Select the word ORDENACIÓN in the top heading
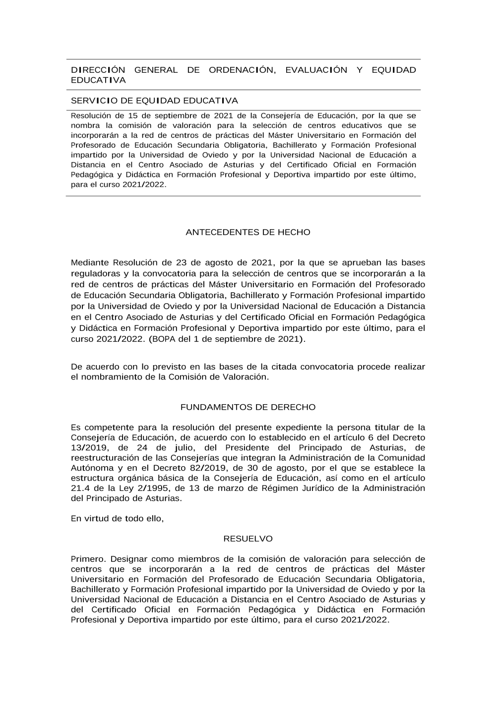coord(242,70)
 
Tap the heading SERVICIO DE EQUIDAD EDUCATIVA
coord(154,101)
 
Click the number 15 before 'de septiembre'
coord(132,116)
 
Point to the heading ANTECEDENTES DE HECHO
coord(248,232)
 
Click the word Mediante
coord(90,263)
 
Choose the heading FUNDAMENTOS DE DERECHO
coord(248,407)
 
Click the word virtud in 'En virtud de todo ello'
coord(99,519)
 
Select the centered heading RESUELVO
coord(248,539)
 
